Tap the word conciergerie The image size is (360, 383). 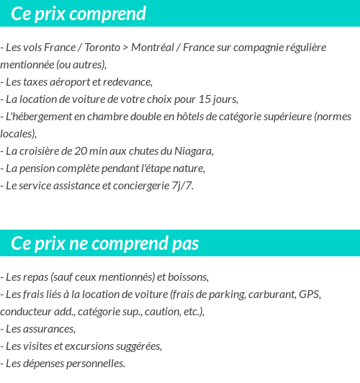click(x=139, y=185)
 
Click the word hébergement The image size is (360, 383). click(x=43, y=116)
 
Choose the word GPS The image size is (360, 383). click(x=310, y=294)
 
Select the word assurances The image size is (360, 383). click(x=48, y=328)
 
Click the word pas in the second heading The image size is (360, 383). click(x=185, y=243)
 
